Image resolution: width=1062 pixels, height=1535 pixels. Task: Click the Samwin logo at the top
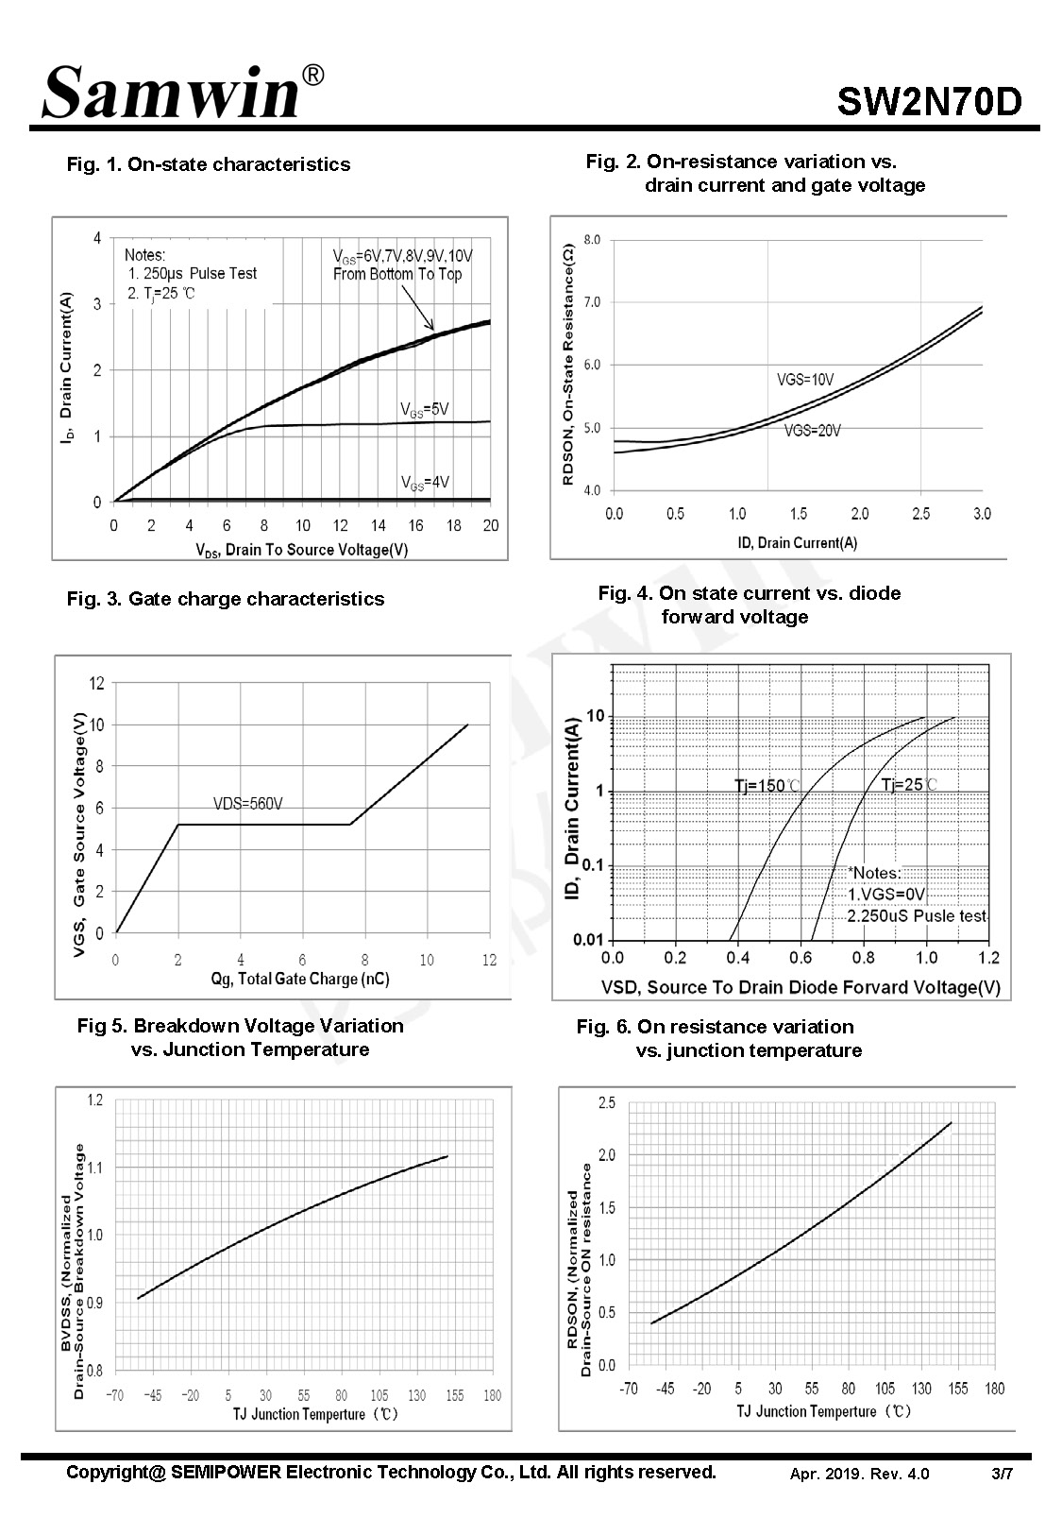183,92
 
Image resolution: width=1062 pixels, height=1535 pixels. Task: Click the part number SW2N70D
929,101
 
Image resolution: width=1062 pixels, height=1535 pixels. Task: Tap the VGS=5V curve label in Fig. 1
425,410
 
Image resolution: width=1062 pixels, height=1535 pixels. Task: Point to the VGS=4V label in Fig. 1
425,483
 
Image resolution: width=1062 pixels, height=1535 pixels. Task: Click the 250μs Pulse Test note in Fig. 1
193,273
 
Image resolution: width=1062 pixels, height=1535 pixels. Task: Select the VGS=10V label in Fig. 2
805,379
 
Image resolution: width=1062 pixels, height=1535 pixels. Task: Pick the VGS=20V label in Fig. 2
812,431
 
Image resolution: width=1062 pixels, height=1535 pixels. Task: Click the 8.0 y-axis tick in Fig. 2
592,239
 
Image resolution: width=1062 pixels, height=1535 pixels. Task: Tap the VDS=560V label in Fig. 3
248,803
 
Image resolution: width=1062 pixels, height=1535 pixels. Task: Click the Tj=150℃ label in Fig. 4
767,785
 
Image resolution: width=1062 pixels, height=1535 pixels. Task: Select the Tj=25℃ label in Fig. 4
909,785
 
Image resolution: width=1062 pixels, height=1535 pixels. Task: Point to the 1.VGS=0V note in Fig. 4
886,895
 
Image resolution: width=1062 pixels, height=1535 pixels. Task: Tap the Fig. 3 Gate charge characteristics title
226,599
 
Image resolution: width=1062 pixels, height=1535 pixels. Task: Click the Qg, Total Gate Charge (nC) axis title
300,979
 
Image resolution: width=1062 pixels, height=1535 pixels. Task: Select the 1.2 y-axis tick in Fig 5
95,1100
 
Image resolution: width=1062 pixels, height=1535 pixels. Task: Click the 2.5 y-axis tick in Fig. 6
607,1102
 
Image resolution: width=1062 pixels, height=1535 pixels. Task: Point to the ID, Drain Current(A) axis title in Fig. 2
798,543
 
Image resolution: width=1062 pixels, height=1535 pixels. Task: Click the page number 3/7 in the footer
1003,1474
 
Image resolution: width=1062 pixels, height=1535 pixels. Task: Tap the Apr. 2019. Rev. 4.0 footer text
859,1474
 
